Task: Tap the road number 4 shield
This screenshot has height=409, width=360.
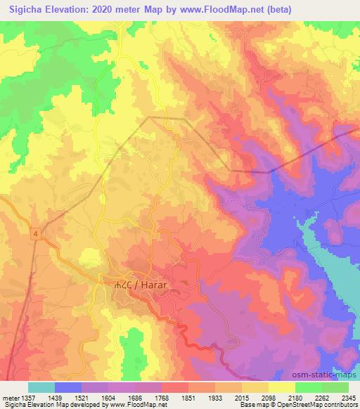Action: [x=34, y=233]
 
